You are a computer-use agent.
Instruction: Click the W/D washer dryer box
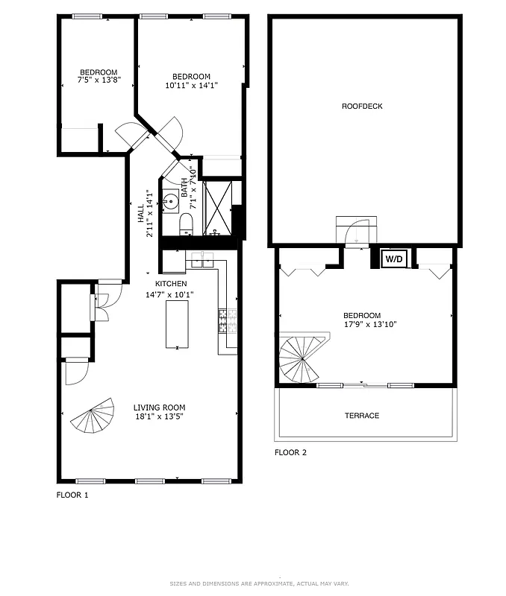tap(393, 259)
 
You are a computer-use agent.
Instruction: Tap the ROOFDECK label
tap(362, 107)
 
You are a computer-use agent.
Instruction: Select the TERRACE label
tap(362, 416)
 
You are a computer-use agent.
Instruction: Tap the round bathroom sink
tap(170, 200)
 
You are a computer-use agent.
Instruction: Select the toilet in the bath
tap(186, 223)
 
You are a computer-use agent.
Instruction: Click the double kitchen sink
tap(202, 260)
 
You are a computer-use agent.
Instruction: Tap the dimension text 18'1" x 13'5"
tap(160, 417)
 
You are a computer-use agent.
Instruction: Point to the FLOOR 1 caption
tap(72, 495)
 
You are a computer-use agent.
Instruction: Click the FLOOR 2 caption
tap(290, 452)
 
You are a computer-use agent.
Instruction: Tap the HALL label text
tap(140, 214)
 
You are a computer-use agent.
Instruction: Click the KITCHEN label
tap(171, 284)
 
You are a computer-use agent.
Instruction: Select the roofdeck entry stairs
tap(357, 230)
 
